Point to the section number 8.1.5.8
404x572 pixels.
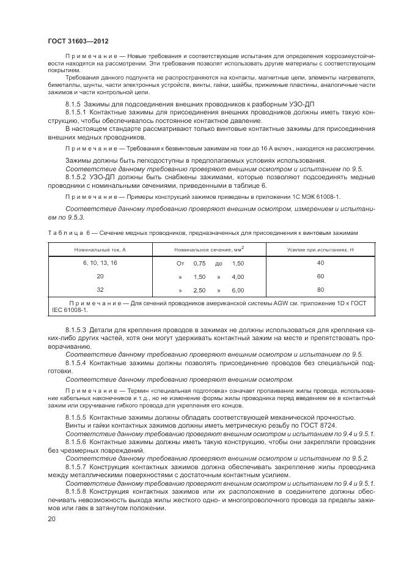click(77, 491)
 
